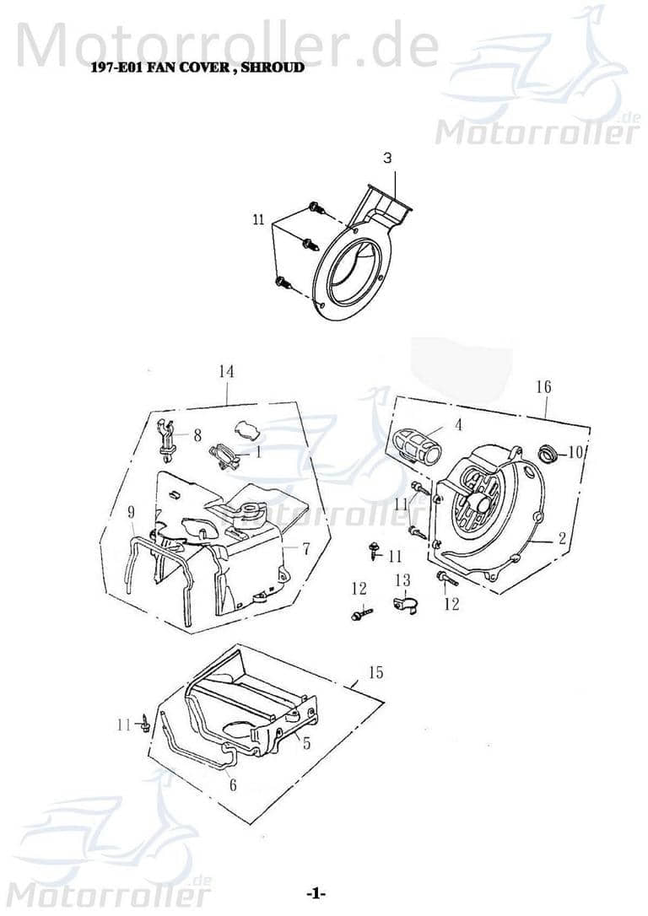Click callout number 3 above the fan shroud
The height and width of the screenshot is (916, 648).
pos(387,158)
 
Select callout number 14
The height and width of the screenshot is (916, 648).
pos(225,371)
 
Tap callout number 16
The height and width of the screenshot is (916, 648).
pos(543,386)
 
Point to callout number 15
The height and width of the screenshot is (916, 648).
pos(375,672)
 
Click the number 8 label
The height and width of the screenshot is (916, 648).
pos(197,435)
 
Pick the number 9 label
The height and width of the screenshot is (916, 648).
pos(132,512)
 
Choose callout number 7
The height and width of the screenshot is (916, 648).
pos(306,549)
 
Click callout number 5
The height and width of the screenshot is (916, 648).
pos(306,743)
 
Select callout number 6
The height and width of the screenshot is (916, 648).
pos(233,784)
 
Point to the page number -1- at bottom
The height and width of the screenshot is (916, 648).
pos(316,893)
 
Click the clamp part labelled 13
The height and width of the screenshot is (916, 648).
pos(404,603)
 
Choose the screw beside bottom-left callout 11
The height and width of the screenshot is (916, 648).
pos(147,722)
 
